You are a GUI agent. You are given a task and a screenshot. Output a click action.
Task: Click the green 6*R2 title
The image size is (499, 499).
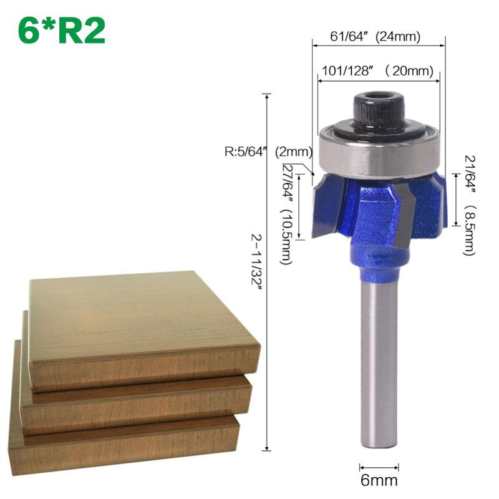[x=61, y=31]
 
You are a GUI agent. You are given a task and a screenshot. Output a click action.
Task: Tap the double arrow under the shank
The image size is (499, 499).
[x=379, y=466]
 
